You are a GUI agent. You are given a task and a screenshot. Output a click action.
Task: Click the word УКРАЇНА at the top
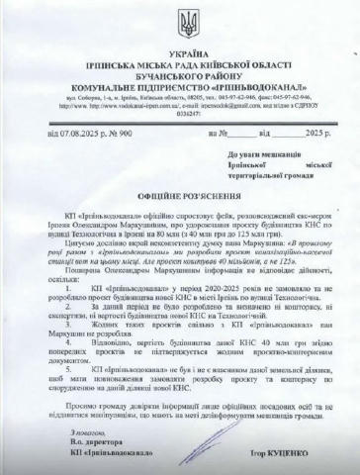click(x=180, y=47)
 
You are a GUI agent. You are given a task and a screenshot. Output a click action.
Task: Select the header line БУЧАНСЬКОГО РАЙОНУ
click(x=180, y=70)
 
